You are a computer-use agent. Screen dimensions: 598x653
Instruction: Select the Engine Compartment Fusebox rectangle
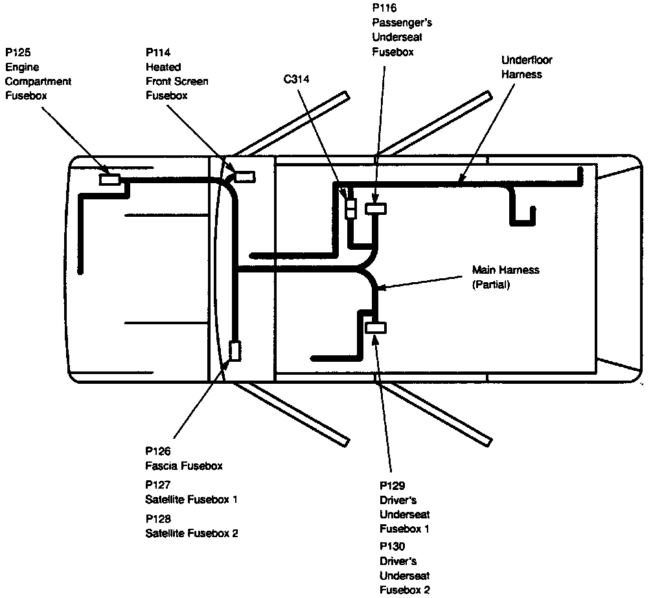[x=109, y=179]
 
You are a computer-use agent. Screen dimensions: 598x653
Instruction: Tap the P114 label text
[x=159, y=52]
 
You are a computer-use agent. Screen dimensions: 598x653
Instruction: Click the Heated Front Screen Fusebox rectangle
[x=245, y=176]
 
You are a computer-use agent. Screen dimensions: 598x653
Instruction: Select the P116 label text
[x=384, y=8]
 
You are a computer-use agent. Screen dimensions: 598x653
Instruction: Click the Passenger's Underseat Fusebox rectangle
[x=376, y=208]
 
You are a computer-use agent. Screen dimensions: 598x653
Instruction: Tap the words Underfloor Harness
[x=527, y=67]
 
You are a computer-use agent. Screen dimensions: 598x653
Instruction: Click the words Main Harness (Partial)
[x=505, y=277]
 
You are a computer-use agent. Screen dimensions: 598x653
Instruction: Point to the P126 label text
[x=157, y=451]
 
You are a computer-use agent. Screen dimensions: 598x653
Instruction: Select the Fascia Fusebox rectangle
[x=235, y=351]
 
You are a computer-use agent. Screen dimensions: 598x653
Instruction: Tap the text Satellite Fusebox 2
[x=192, y=534]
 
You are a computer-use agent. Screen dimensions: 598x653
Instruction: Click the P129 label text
[x=392, y=485]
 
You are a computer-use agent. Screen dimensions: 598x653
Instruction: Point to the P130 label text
[x=392, y=547]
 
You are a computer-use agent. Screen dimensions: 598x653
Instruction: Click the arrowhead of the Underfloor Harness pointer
[x=461, y=180]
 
